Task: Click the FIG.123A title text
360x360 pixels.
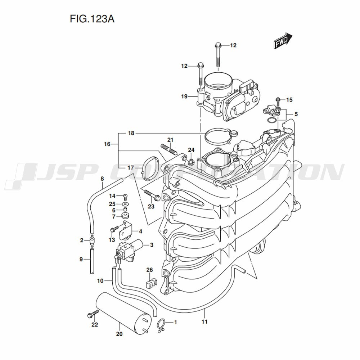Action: coord(92,19)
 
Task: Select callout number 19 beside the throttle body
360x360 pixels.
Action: coord(184,96)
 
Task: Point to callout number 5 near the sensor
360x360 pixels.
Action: coord(296,114)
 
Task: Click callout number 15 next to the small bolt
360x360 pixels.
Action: coord(289,99)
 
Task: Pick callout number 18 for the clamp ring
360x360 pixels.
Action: coord(131,133)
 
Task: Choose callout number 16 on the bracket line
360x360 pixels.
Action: coord(107,144)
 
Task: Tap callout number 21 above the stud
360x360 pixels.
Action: coord(170,140)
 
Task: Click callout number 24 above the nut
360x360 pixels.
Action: coord(191,150)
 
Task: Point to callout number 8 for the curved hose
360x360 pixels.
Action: coord(102,179)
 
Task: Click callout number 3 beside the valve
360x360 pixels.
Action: coord(152,245)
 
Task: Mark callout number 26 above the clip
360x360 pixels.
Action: coord(149,270)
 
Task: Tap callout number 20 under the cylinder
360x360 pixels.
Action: coord(120,334)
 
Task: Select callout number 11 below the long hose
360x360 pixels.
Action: coord(204,321)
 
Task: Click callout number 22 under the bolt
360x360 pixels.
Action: coord(94,325)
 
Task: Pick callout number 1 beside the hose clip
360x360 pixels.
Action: coord(175,322)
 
